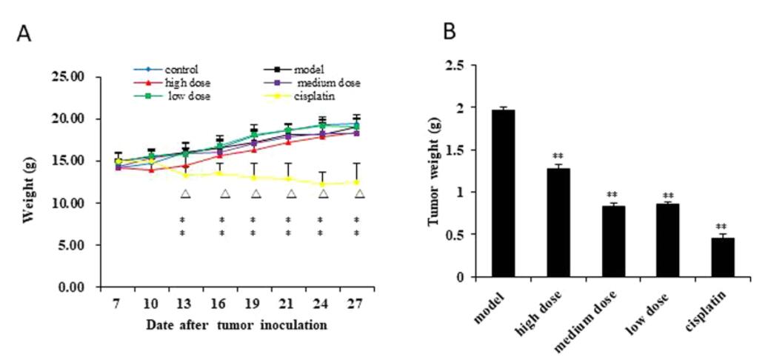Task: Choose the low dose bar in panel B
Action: click(663, 240)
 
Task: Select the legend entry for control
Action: click(176, 68)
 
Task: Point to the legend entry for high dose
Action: click(176, 82)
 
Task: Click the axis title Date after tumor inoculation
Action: click(237, 324)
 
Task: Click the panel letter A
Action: click(24, 33)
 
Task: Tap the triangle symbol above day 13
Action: click(185, 194)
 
